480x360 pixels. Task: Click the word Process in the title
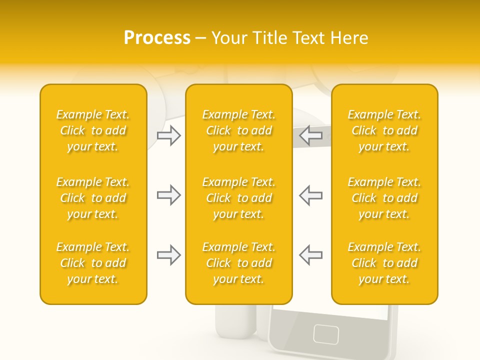[157, 38]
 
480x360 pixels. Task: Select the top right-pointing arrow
[168, 135]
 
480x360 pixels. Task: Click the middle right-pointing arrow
[168, 195]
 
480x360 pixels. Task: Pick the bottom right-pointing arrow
[168, 255]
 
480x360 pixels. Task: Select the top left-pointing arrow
[311, 135]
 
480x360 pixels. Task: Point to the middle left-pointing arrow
[311, 195]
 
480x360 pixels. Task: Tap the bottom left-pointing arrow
[311, 255]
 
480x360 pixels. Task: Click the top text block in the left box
[93, 130]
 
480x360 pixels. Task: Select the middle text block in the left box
[93, 198]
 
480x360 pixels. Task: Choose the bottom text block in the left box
[93, 263]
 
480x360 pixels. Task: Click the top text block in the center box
[238, 130]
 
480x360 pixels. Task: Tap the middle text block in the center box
[238, 198]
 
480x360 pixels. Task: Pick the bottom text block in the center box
[238, 263]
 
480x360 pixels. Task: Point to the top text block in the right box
[384, 130]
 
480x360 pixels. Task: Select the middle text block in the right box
[384, 198]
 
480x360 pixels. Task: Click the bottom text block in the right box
[384, 263]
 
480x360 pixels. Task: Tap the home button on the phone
[326, 333]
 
